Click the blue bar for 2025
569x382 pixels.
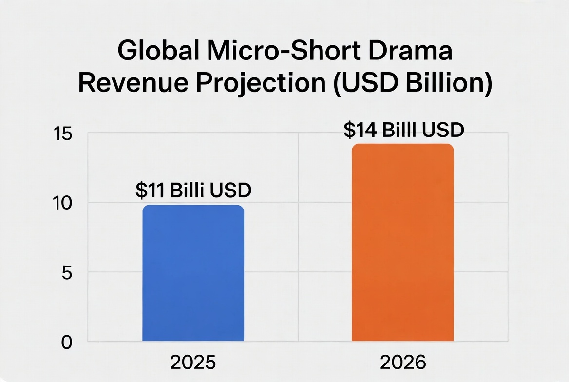pyautogui.click(x=193, y=273)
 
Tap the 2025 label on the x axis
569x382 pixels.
pyautogui.click(x=193, y=363)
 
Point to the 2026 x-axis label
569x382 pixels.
pyautogui.click(x=402, y=363)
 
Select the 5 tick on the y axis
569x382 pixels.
pyautogui.click(x=66, y=272)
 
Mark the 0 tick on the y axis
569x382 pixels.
pyautogui.click(x=66, y=342)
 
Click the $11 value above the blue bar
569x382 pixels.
pyautogui.click(x=150, y=191)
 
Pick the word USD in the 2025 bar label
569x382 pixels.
pyautogui.click(x=230, y=191)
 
